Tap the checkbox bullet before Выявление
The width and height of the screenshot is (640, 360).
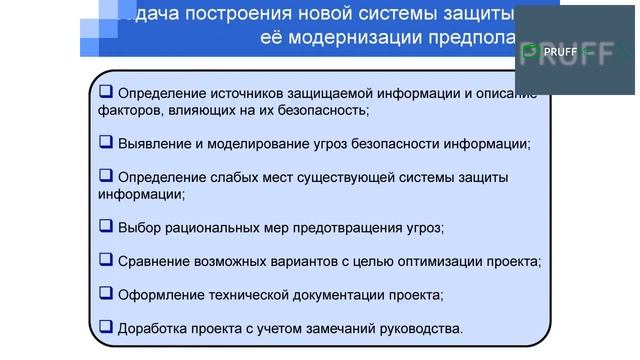(x=106, y=142)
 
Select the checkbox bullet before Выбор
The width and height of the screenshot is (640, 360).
(x=106, y=226)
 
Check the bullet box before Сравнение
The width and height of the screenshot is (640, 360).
(x=106, y=260)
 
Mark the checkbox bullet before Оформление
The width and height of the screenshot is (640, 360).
(x=106, y=293)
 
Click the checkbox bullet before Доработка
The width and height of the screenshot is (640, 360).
(x=106, y=326)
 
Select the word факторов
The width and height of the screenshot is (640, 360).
(x=128, y=110)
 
